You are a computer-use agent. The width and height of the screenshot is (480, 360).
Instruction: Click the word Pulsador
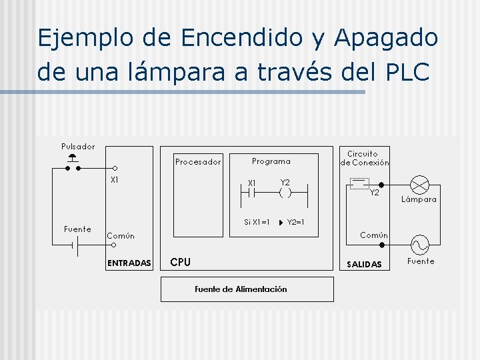pos(78,147)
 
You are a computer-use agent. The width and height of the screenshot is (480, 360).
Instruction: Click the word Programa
pos(271,161)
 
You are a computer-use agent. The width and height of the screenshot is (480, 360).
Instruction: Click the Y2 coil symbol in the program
pos(285,193)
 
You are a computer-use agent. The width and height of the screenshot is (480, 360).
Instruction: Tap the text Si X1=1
pos(257,222)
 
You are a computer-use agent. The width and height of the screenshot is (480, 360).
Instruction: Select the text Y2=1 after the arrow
pos(295,222)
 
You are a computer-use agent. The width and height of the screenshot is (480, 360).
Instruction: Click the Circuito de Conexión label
pos(365,158)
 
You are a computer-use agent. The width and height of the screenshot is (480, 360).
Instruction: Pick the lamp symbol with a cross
pos(420,184)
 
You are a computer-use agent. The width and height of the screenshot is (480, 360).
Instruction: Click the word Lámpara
pos(419,199)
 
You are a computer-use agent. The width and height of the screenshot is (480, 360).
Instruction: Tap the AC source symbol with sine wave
pos(420,244)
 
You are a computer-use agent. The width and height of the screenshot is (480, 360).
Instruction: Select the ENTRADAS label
pos(129,263)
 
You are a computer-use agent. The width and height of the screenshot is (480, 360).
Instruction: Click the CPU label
pos(181,262)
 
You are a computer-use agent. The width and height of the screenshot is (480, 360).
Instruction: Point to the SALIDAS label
pos(364,265)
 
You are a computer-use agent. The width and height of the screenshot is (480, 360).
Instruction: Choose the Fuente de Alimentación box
pos(247,289)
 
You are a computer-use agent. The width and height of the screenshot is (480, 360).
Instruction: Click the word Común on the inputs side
pos(121,235)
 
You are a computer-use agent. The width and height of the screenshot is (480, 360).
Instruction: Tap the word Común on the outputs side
pos(374,235)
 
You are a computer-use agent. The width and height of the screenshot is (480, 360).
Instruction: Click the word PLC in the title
pos(407,72)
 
